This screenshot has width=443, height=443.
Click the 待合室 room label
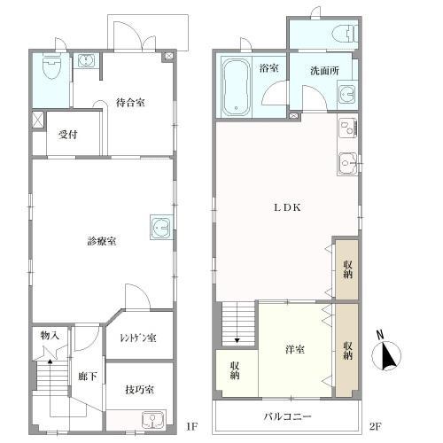(130, 102)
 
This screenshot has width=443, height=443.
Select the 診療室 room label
(104, 241)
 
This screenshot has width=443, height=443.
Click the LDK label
(286, 208)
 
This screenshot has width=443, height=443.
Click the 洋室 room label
(295, 349)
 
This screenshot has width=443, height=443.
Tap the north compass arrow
(387, 355)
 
